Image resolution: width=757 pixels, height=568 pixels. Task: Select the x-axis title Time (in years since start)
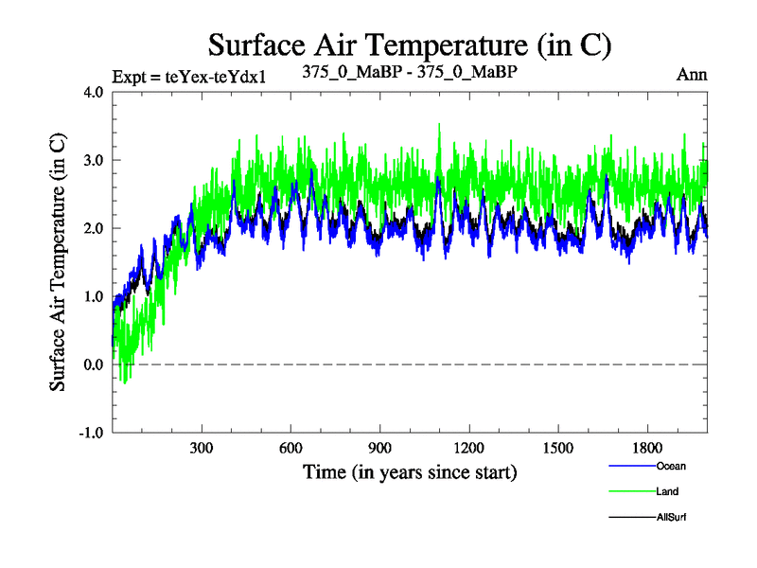(x=410, y=470)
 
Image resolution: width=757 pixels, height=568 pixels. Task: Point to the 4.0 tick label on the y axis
(x=94, y=93)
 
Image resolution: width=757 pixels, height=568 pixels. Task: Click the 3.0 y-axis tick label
(x=94, y=160)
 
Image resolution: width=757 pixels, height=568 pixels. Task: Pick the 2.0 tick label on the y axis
(x=94, y=228)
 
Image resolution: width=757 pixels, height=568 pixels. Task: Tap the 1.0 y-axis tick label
(x=94, y=296)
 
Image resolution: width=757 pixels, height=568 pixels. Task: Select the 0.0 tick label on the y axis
(x=94, y=364)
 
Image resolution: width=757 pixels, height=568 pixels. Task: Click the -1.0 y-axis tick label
(x=92, y=433)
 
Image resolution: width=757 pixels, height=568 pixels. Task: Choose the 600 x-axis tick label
(x=291, y=449)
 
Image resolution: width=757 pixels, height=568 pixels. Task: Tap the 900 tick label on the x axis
(x=380, y=449)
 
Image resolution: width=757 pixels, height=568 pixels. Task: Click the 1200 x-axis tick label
(x=469, y=449)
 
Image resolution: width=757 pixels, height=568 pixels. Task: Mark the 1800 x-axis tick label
(x=648, y=449)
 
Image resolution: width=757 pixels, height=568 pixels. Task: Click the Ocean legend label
(x=670, y=465)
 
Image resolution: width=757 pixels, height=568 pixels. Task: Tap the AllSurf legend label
(x=671, y=517)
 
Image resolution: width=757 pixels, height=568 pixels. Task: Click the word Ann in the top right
(x=692, y=75)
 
